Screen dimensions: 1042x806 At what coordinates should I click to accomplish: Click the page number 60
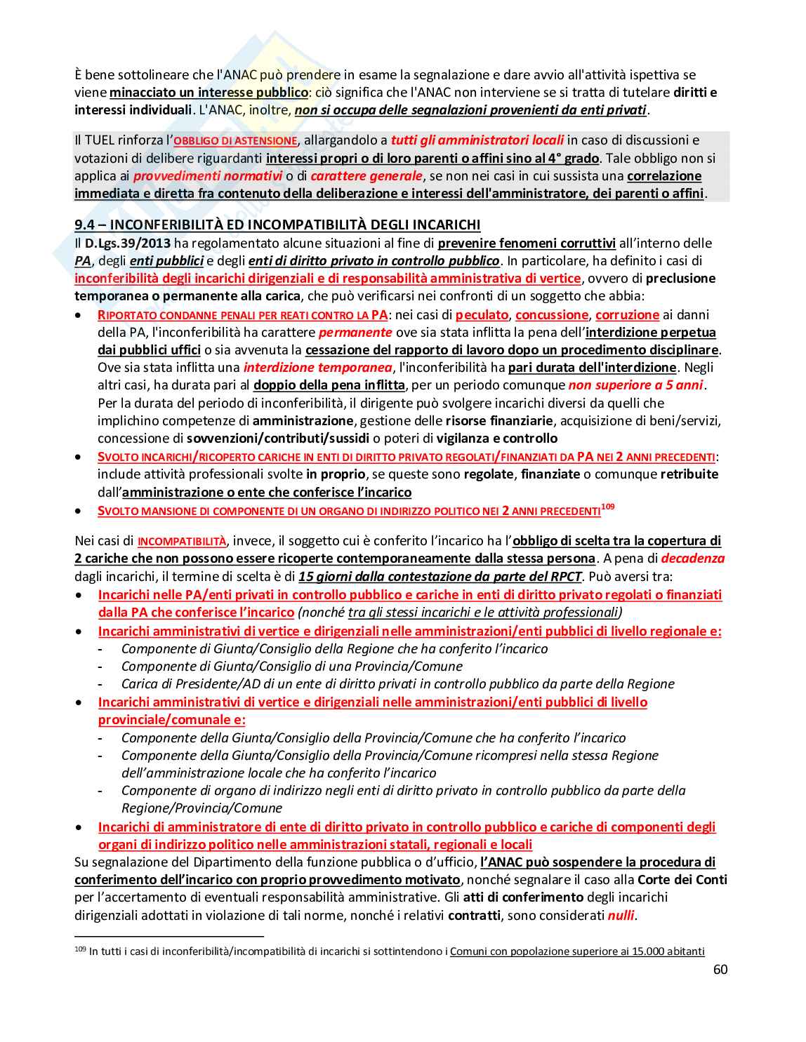[x=720, y=970]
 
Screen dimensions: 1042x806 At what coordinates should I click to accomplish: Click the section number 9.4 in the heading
[x=85, y=225]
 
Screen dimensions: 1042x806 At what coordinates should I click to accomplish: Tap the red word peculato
[x=482, y=315]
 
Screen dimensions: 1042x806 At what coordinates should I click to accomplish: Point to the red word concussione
[x=552, y=315]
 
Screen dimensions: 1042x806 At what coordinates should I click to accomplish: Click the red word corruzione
[x=627, y=315]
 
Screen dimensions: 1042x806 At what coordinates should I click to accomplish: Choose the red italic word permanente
[x=355, y=333]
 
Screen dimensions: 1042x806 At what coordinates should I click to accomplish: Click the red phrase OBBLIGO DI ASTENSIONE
[x=235, y=141]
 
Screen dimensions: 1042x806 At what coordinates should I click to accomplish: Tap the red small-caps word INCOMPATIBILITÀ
[x=182, y=542]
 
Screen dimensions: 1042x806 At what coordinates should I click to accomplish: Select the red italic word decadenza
[x=693, y=559]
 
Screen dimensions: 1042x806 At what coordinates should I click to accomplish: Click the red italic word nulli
[x=621, y=915]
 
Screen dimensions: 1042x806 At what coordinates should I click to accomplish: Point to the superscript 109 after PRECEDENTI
[x=608, y=507]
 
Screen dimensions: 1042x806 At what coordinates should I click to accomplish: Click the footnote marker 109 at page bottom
[x=80, y=950]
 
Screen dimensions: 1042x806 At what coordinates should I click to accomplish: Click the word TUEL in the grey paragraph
[x=100, y=140]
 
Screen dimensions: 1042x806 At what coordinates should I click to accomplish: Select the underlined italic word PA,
[x=84, y=261]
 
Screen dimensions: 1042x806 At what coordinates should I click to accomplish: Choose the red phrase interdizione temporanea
[x=317, y=368]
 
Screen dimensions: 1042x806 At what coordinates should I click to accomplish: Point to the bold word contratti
[x=474, y=915]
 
